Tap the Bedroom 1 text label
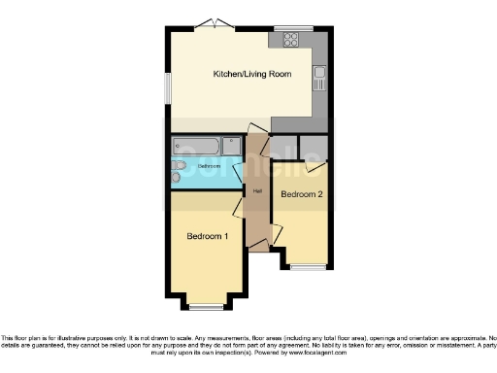(x=208, y=236)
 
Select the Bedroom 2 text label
(x=301, y=194)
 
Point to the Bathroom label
(x=210, y=166)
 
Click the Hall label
(x=257, y=190)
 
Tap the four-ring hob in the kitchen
(x=290, y=40)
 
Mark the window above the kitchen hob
(x=292, y=26)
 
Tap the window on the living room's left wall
(x=166, y=88)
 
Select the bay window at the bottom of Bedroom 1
(x=206, y=306)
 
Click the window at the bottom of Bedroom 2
(x=309, y=266)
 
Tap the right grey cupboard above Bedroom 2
(x=314, y=148)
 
